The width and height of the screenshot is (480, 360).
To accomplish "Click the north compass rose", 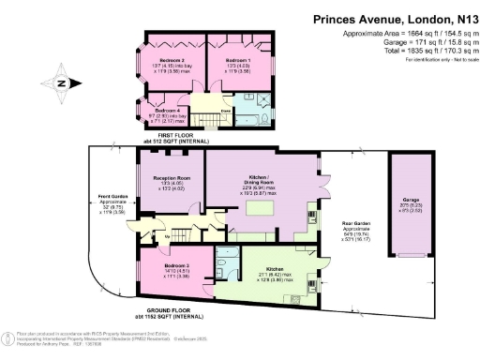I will point(58,84).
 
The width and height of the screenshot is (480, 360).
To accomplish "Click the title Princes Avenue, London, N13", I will point(390,17).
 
